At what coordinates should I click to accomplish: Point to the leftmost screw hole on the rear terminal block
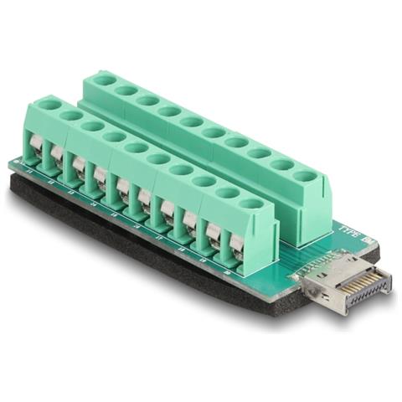click(x=104, y=80)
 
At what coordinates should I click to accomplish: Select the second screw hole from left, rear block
click(x=126, y=90)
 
